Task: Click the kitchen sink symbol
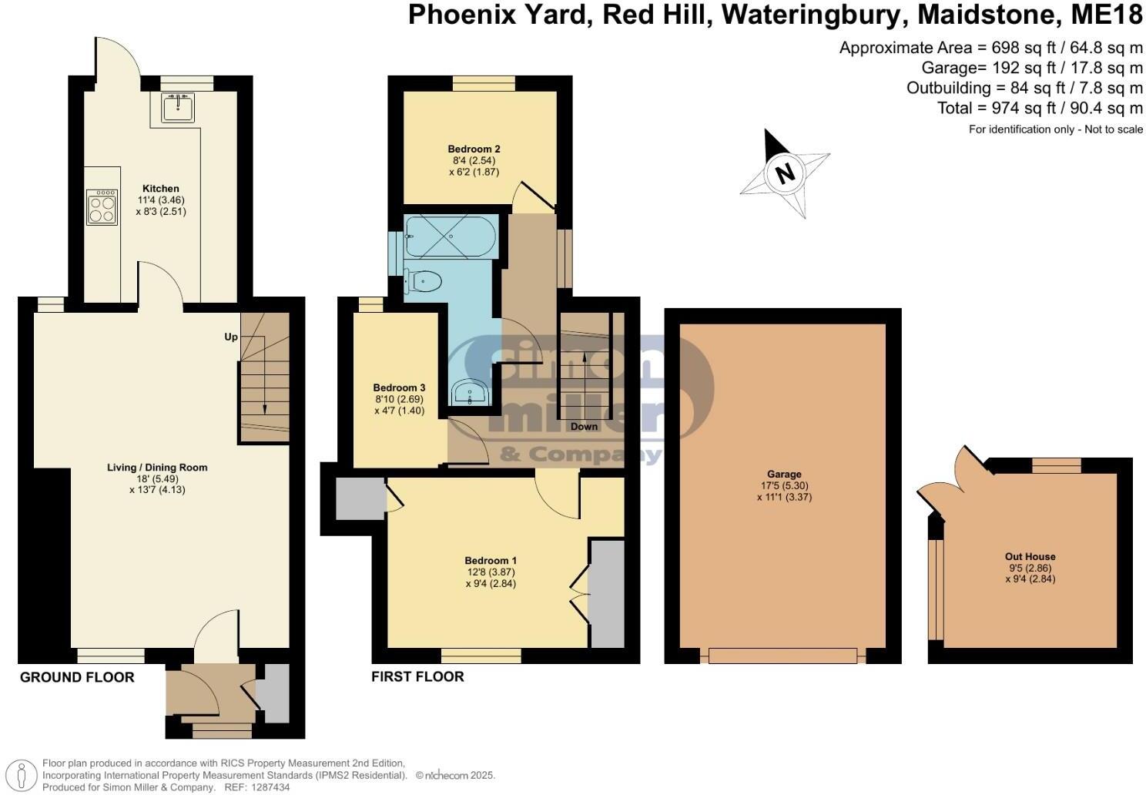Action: tap(179, 107)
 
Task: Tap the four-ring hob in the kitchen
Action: tap(102, 207)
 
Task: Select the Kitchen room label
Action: tap(161, 189)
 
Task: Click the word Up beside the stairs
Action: tap(231, 337)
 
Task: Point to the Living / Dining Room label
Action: tap(157, 468)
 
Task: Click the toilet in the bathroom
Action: tap(424, 282)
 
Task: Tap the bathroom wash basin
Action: tap(469, 394)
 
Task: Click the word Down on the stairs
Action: tap(584, 426)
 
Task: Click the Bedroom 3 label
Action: tap(399, 387)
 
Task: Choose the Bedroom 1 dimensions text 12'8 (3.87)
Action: tap(490, 572)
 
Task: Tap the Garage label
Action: tap(784, 475)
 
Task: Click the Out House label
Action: tap(1030, 556)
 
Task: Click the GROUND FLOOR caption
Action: tap(77, 677)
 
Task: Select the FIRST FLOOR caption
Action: tap(417, 677)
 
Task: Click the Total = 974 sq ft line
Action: tap(1040, 109)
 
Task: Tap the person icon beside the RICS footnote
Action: tap(24, 774)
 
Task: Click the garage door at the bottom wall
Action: tap(782, 656)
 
